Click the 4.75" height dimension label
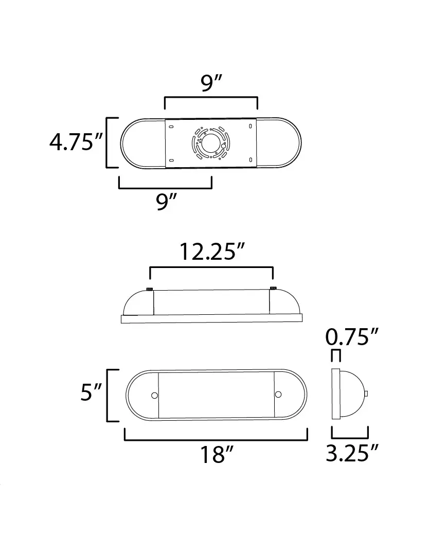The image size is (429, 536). (x=76, y=142)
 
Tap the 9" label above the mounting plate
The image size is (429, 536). (x=211, y=83)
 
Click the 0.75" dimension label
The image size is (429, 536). (x=351, y=336)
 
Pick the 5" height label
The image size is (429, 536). (x=91, y=392)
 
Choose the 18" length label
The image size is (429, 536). (x=217, y=454)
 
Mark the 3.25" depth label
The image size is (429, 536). (x=352, y=453)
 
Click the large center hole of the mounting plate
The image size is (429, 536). (x=210, y=143)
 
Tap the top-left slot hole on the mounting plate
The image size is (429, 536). (x=171, y=127)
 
